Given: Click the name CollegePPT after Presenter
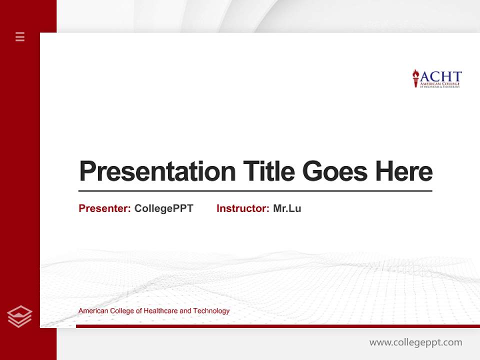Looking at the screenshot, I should pos(163,208).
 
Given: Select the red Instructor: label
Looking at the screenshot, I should pos(242,208).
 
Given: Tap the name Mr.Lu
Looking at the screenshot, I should pos(287,208).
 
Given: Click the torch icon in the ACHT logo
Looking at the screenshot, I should pos(415,78).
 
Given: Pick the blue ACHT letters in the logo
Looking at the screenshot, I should pos(440,76).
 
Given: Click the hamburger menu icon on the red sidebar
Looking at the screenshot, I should pos(20,36).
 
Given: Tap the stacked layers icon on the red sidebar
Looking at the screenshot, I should pos(19,316).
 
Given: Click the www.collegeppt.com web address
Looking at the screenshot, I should pos(415,342).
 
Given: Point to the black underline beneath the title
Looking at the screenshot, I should pos(255,191).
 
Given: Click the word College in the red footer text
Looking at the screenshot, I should pos(120,311).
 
